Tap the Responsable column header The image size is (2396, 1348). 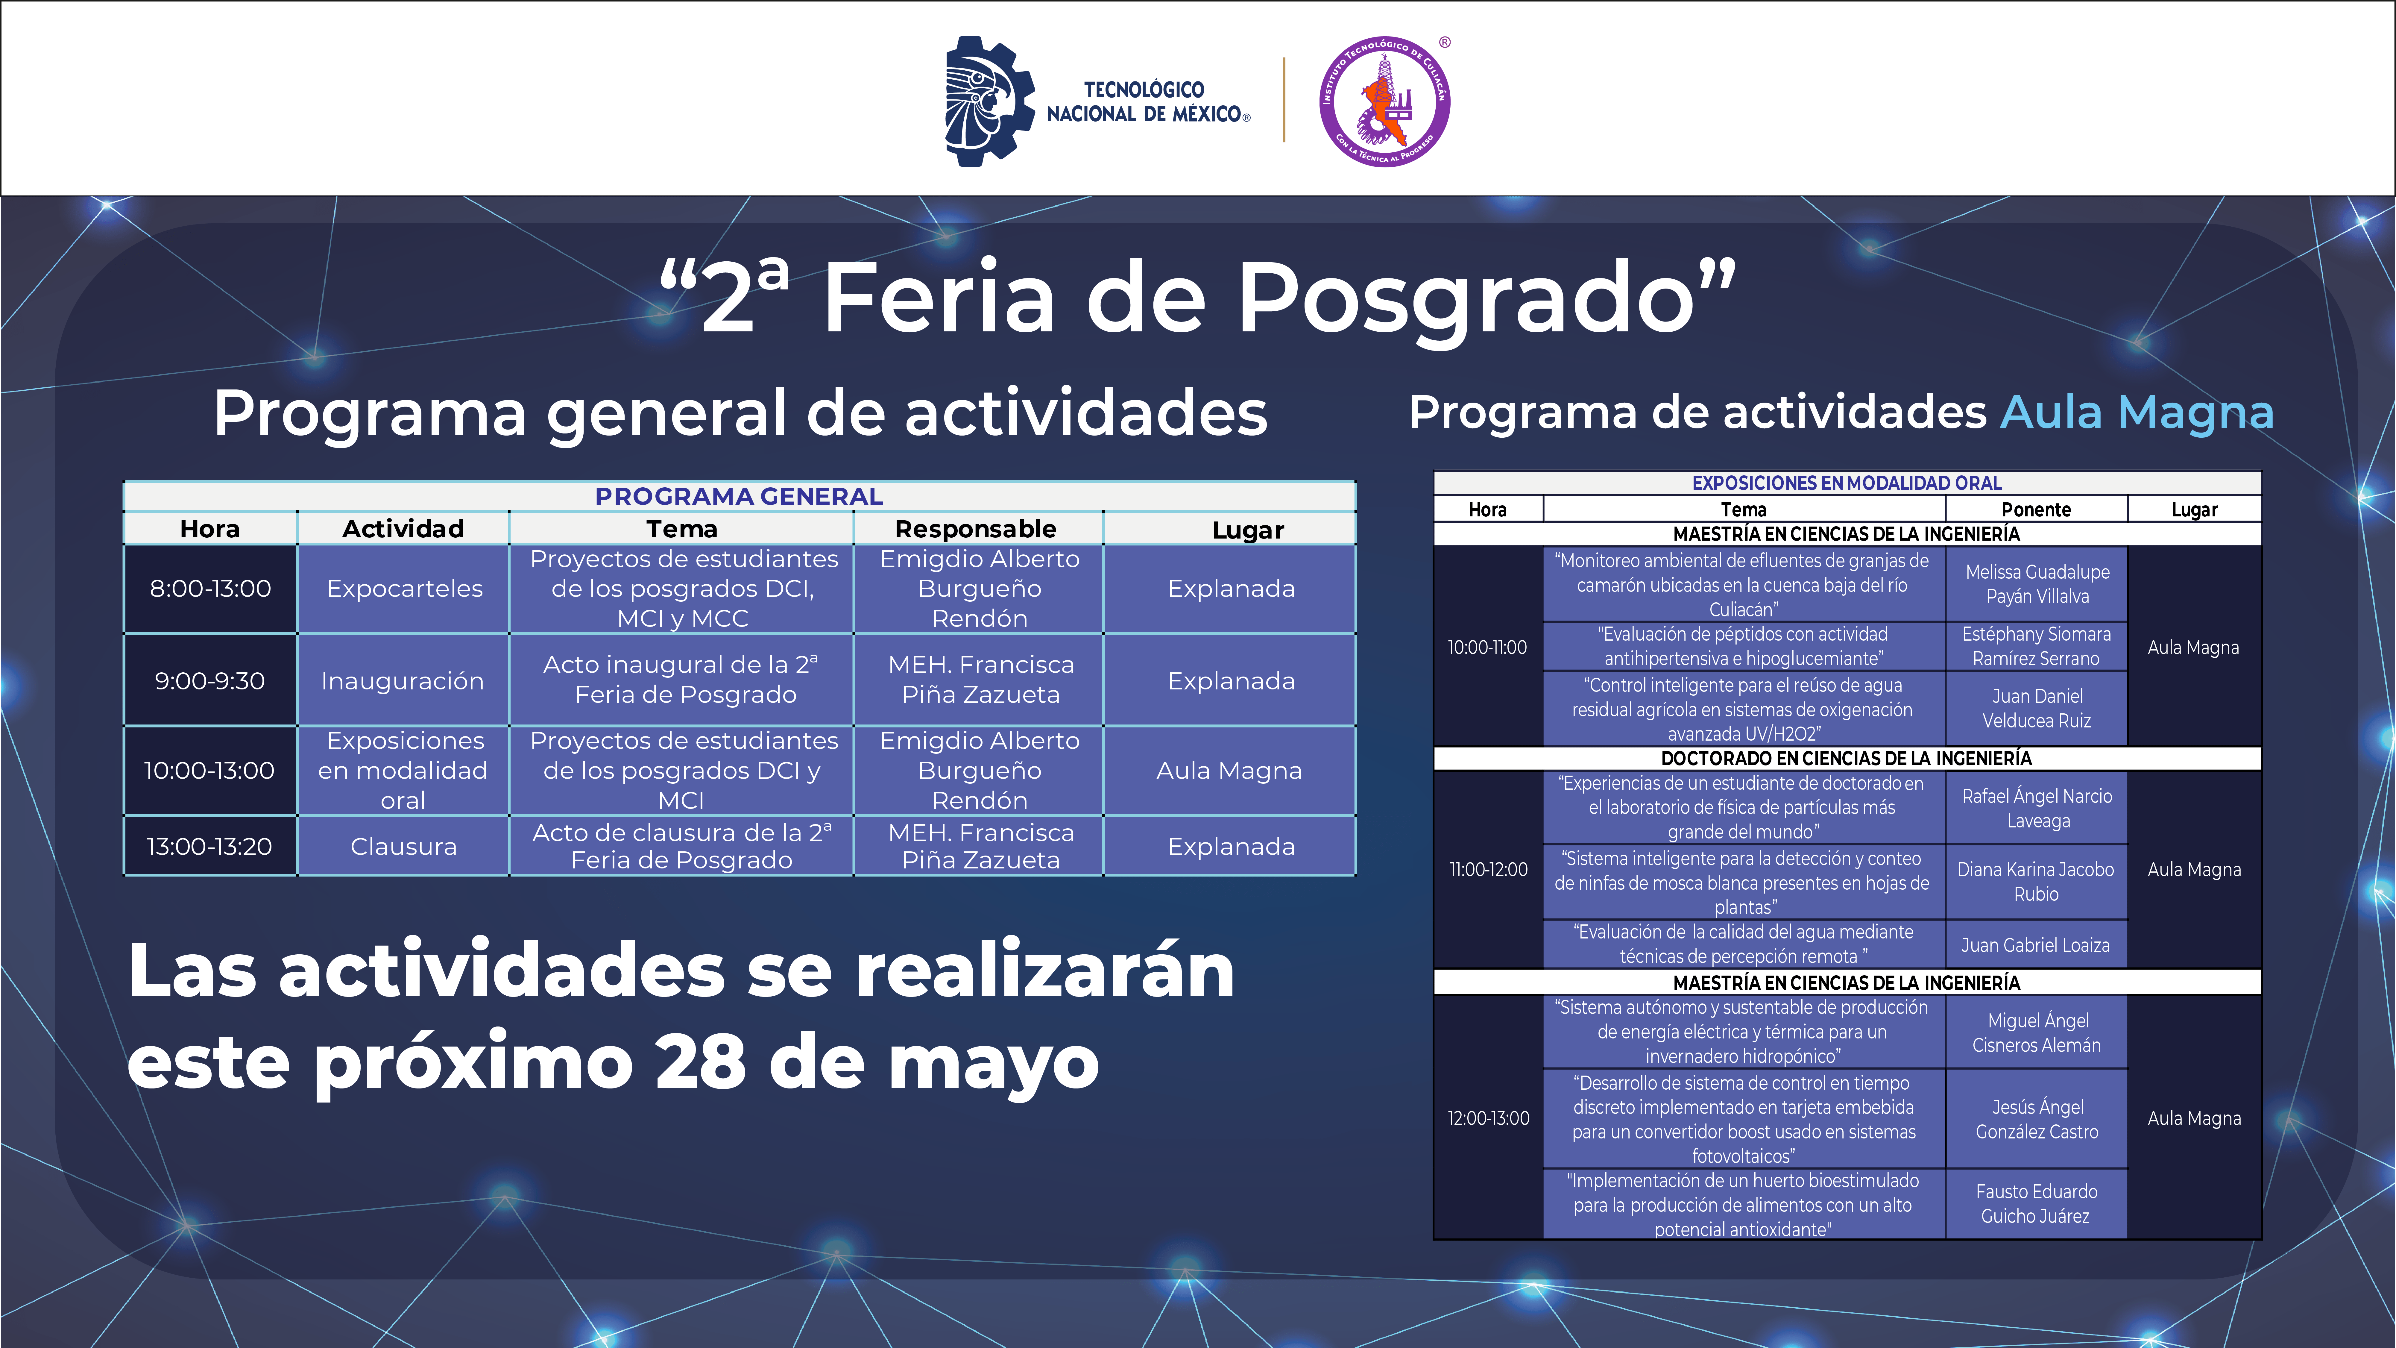coord(976,528)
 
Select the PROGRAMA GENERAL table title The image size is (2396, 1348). coord(740,496)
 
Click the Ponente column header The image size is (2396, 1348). coord(2036,509)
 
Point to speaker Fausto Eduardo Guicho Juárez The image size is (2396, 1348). coord(2036,1204)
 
